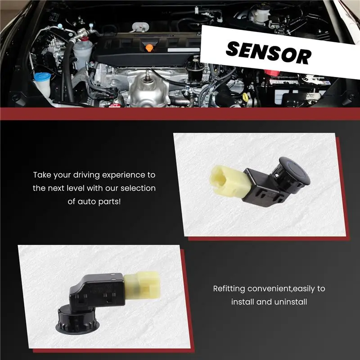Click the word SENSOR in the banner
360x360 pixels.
(269, 53)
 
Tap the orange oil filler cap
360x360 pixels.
(149, 48)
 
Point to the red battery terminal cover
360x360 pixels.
(273, 73)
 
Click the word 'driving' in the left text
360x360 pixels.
(85, 175)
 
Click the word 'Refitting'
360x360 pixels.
(229, 289)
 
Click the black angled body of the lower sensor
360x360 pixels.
(98, 292)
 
